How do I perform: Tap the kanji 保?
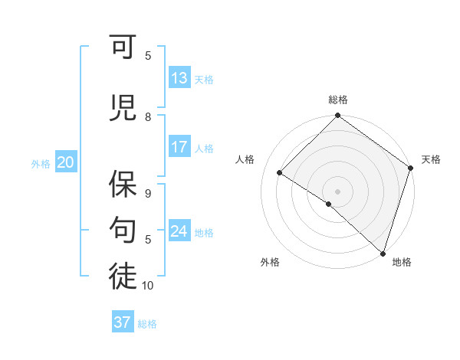point(123,184)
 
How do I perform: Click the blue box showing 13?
point(179,78)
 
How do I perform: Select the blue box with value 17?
point(179,147)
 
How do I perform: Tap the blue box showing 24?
point(179,231)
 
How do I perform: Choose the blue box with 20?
point(66,162)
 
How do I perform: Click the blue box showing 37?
point(123,322)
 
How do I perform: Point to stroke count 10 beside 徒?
point(148,286)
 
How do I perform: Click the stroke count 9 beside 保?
point(148,195)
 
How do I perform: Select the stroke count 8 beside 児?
point(148,117)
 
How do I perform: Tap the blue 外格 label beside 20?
point(41,163)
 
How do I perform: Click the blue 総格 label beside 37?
point(147,324)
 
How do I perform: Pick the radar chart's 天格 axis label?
point(431,159)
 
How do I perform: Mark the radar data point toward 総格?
point(337,116)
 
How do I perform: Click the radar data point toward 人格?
point(280,173)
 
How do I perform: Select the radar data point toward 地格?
point(383,253)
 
